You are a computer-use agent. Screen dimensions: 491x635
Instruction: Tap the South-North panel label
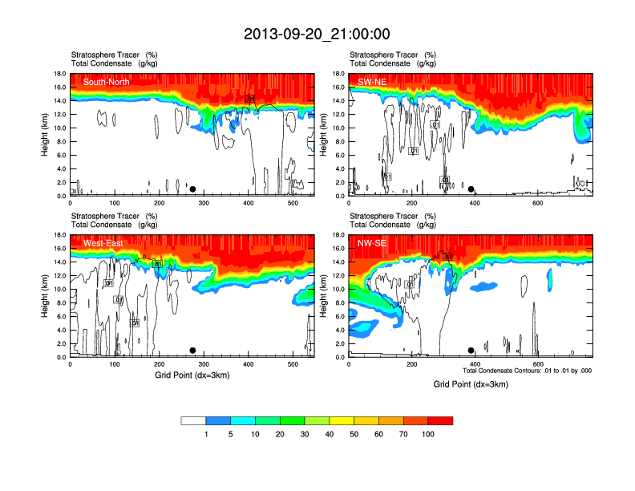click(x=105, y=82)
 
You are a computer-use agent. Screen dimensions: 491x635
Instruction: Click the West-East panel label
click(x=103, y=243)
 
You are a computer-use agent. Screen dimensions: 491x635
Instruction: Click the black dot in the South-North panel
click(x=192, y=189)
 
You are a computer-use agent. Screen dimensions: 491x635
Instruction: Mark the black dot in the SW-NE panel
click(x=471, y=189)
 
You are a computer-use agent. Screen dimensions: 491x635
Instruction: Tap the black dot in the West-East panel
click(x=192, y=351)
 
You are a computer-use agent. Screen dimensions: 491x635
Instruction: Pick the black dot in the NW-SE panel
click(x=471, y=351)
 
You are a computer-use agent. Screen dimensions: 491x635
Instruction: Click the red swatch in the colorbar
click(x=440, y=420)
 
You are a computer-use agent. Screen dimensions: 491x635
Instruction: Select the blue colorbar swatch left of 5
click(x=218, y=420)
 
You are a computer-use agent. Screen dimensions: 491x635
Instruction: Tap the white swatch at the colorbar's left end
click(x=193, y=420)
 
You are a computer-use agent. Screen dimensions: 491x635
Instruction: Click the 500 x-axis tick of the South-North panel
click(x=293, y=203)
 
